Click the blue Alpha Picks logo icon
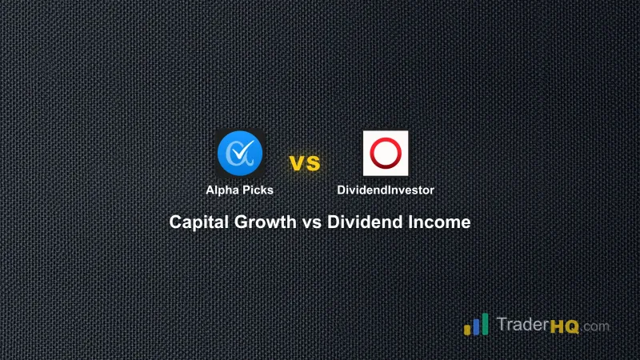click(x=240, y=154)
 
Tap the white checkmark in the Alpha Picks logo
click(x=246, y=149)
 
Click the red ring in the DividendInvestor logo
click(x=386, y=153)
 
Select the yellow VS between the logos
click(x=304, y=164)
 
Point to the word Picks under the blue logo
click(x=258, y=190)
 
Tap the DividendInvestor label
click(x=386, y=190)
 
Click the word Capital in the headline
click(x=200, y=222)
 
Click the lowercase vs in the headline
click(x=312, y=222)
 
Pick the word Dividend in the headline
click(x=360, y=222)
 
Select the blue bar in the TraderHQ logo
click(x=475, y=326)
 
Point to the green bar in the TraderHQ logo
click(x=485, y=322)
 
